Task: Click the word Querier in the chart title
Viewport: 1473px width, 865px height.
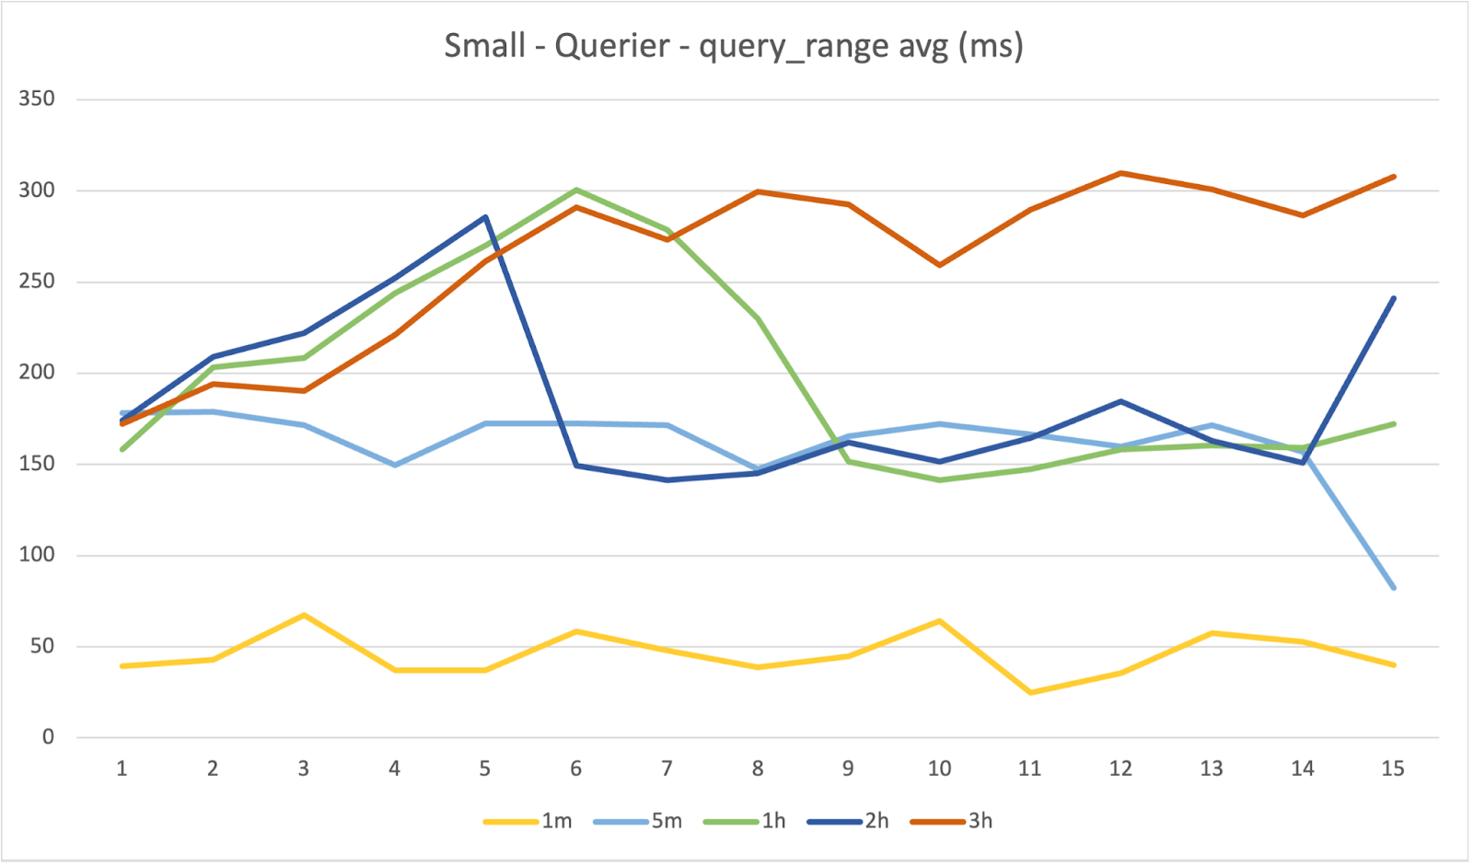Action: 611,45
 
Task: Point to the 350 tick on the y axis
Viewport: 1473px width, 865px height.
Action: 37,98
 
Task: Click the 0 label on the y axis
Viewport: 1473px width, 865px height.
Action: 48,736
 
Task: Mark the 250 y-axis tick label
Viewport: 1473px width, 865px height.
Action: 37,282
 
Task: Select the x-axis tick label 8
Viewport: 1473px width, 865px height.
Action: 758,768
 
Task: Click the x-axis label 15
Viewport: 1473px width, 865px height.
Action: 1393,768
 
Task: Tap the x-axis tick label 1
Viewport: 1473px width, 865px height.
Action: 122,768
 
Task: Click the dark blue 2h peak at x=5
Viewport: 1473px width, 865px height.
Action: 485,217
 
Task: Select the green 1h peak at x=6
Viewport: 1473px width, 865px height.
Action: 576,190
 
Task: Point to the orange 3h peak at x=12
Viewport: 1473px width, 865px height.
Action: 1120,173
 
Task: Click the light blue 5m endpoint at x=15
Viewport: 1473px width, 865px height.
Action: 1394,587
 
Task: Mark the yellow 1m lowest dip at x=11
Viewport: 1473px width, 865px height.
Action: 1029,692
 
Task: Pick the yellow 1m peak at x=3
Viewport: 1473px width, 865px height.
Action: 303,615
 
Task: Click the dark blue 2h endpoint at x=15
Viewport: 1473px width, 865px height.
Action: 1394,298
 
